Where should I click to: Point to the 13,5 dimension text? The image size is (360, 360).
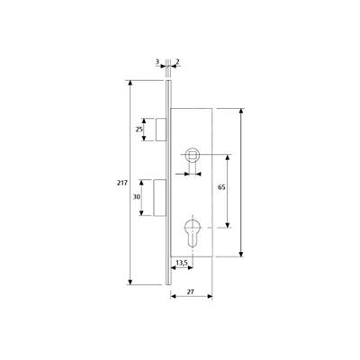182,263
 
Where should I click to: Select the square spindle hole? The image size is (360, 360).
191,154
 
